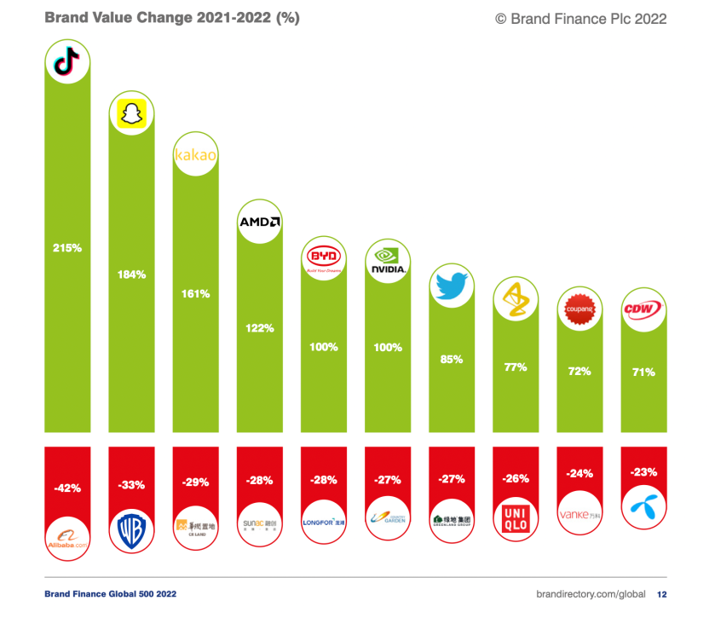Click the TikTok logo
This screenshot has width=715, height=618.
(x=67, y=62)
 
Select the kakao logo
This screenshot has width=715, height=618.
(x=196, y=155)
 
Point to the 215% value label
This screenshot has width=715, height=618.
(x=67, y=248)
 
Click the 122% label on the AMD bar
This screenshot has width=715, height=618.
(x=259, y=327)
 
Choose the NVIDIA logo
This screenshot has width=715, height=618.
(x=387, y=260)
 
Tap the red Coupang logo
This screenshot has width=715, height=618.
(x=579, y=309)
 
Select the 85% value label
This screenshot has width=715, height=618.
(x=451, y=359)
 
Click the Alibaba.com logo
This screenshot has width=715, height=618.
(x=67, y=537)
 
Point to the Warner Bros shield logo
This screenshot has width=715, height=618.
(x=131, y=533)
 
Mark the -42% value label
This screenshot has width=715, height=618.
(x=67, y=488)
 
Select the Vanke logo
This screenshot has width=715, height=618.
(x=579, y=515)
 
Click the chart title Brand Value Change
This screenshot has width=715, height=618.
(x=171, y=18)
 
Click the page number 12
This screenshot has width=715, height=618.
(x=661, y=593)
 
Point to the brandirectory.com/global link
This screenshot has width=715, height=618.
(x=588, y=593)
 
